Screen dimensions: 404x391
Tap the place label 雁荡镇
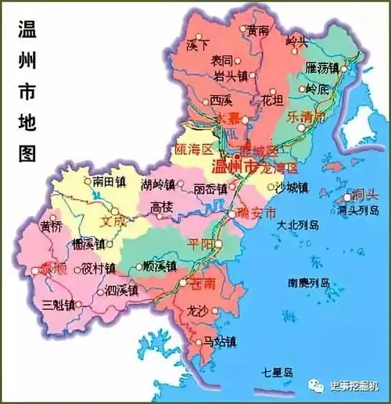[321, 68]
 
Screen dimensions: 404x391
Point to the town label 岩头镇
[230, 76]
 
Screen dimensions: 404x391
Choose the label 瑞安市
[256, 213]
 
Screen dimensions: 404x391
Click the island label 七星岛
[276, 372]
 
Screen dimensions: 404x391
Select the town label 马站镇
[219, 341]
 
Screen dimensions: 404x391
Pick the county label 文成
[113, 221]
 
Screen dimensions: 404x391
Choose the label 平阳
[200, 242]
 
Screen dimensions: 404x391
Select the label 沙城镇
[291, 188]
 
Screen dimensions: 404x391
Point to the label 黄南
[257, 31]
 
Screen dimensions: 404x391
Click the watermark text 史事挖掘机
[353, 384]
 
